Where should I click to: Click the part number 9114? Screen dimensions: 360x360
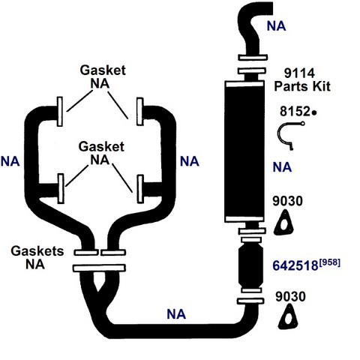(x=299, y=73)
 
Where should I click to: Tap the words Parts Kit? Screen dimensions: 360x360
(x=302, y=86)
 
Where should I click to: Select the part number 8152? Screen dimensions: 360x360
(x=295, y=111)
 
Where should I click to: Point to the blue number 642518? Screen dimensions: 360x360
(x=295, y=265)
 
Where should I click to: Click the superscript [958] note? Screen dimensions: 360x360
(x=329, y=262)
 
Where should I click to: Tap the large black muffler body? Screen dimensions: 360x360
(x=244, y=151)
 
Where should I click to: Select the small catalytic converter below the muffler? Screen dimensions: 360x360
(x=251, y=266)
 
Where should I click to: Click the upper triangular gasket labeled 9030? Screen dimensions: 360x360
(x=283, y=223)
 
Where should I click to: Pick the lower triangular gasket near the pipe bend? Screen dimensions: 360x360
(x=288, y=317)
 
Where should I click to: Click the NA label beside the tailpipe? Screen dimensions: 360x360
(x=276, y=26)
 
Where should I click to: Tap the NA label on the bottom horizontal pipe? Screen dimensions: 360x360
(x=176, y=314)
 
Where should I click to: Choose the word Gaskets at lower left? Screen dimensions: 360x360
(x=37, y=251)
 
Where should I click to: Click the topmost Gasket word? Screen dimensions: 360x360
(x=103, y=70)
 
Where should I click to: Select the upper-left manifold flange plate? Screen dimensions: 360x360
(x=60, y=112)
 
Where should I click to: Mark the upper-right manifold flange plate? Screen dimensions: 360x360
(x=140, y=112)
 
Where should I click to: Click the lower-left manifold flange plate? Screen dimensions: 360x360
(x=61, y=189)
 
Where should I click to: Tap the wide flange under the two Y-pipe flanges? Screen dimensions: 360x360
(x=99, y=268)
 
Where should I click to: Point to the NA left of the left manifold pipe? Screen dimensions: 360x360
(x=10, y=161)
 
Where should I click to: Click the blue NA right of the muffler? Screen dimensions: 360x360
(x=282, y=167)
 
